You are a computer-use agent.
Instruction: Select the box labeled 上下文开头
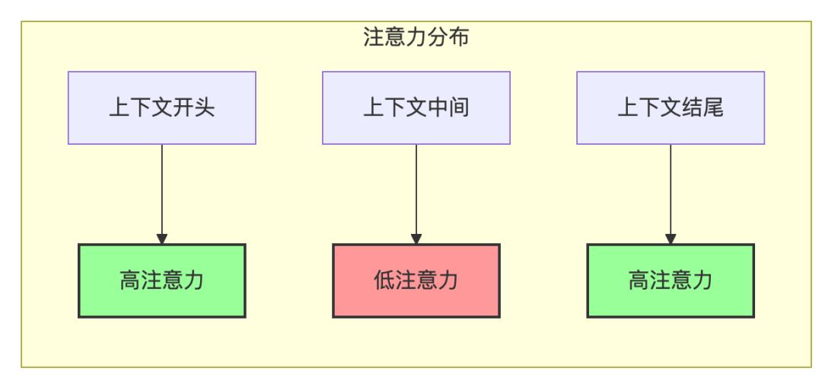tap(161, 107)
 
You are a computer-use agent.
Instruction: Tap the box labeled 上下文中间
tap(416, 107)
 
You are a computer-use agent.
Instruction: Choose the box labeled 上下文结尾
tap(670, 107)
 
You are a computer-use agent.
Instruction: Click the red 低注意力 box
tap(416, 280)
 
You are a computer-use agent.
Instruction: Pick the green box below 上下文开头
tap(161, 280)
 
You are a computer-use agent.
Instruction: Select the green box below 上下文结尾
tap(670, 280)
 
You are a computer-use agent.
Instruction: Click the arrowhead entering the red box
tap(416, 238)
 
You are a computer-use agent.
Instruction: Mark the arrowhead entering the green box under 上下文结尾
tap(671, 238)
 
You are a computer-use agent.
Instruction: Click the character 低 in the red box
tap(384, 280)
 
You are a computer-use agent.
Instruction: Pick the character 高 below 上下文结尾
tap(638, 280)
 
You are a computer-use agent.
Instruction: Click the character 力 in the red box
tap(448, 280)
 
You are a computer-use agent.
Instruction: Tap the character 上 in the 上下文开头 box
tap(119, 107)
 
